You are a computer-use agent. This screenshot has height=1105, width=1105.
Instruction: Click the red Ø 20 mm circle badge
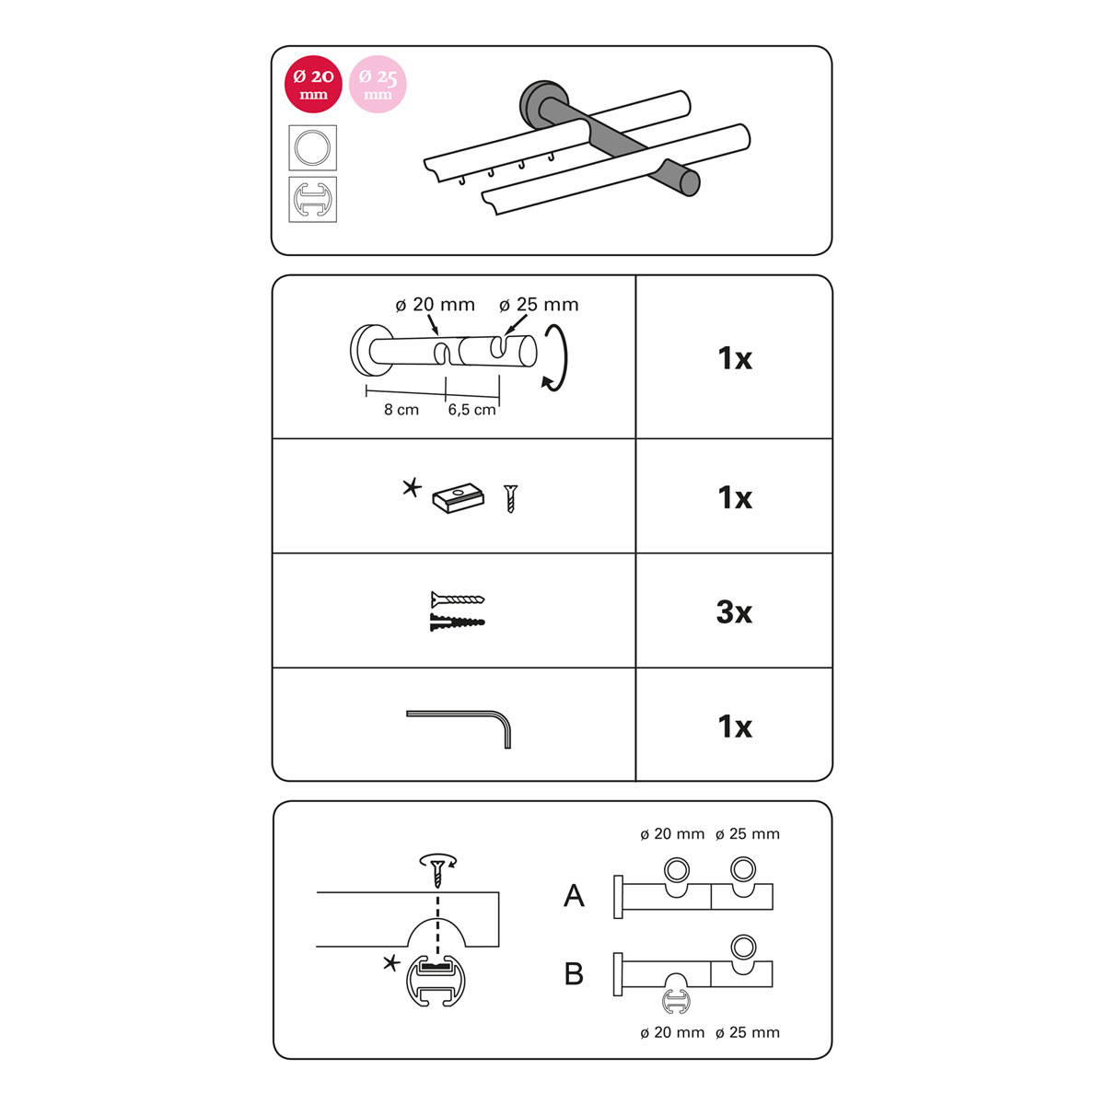tap(313, 85)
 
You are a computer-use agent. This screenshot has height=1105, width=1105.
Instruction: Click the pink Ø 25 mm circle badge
tap(378, 85)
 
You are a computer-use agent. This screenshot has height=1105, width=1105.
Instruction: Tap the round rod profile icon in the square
tap(312, 147)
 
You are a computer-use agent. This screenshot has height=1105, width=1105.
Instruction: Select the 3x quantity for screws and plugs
tap(733, 611)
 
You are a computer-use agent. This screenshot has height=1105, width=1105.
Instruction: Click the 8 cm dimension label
tap(401, 410)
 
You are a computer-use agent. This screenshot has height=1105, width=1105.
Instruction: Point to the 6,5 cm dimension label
tap(471, 410)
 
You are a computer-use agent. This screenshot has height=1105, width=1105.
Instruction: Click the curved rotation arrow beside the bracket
tap(555, 358)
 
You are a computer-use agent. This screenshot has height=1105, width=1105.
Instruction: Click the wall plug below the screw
tap(457, 622)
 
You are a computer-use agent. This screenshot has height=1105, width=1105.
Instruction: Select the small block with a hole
tap(459, 498)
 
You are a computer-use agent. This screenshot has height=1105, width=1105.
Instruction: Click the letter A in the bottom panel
tap(574, 896)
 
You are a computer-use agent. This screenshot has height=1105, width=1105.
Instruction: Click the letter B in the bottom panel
tap(574, 973)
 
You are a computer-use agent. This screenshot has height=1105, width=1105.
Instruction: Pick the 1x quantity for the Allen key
tap(735, 727)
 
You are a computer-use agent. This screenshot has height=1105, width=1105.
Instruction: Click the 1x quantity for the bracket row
tap(735, 358)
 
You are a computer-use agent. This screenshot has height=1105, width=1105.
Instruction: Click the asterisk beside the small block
tap(411, 489)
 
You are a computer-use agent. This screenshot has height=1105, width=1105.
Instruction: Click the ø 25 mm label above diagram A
tap(748, 833)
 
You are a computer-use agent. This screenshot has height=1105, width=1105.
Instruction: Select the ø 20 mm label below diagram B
tap(672, 1032)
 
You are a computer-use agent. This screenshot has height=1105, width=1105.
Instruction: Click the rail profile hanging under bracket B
tap(676, 1002)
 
